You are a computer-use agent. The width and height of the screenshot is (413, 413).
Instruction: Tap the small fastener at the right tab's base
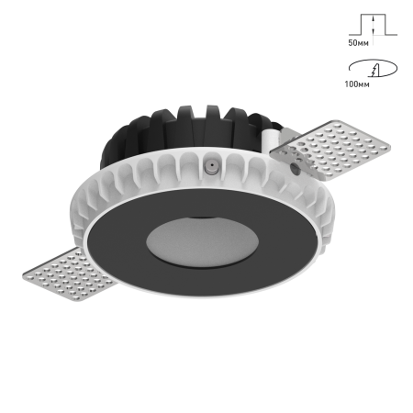click(x=295, y=169)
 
